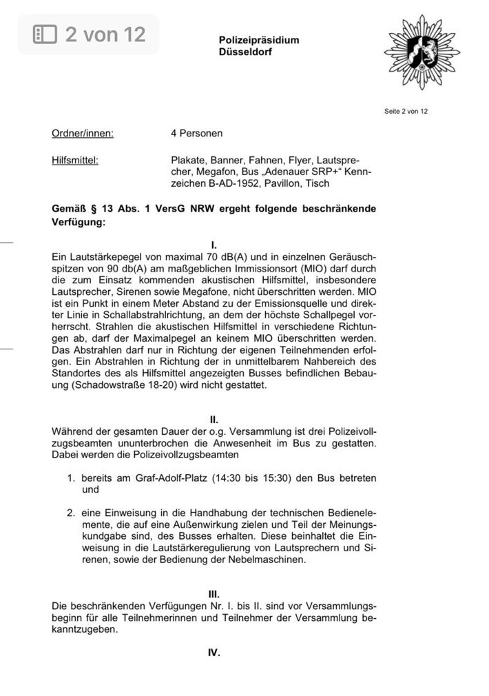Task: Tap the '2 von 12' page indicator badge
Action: (x=90, y=34)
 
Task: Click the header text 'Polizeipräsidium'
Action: (x=259, y=40)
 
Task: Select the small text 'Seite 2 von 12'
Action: (x=406, y=112)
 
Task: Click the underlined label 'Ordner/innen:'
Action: (x=83, y=133)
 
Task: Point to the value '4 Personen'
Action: (x=197, y=133)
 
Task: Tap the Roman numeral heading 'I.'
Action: (x=214, y=245)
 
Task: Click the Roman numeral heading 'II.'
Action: (x=214, y=420)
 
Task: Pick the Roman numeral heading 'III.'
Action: (x=214, y=593)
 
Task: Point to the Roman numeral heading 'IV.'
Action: (x=214, y=652)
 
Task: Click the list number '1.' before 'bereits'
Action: (x=71, y=478)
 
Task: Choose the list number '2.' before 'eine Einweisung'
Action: (x=71, y=513)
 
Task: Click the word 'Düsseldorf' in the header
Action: (x=246, y=52)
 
